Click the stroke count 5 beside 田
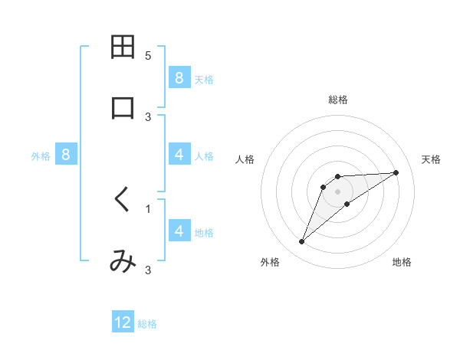148,56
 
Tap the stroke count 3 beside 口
148,116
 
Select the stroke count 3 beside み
148,270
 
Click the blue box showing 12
123,322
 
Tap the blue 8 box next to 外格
66,155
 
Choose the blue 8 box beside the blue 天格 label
179,77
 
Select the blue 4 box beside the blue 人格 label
179,155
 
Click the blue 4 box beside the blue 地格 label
179,231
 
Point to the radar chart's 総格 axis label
338,100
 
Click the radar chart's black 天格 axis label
431,159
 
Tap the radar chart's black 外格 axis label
270,262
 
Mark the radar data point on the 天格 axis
396,172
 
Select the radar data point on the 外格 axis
302,242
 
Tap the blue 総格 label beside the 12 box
147,324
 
